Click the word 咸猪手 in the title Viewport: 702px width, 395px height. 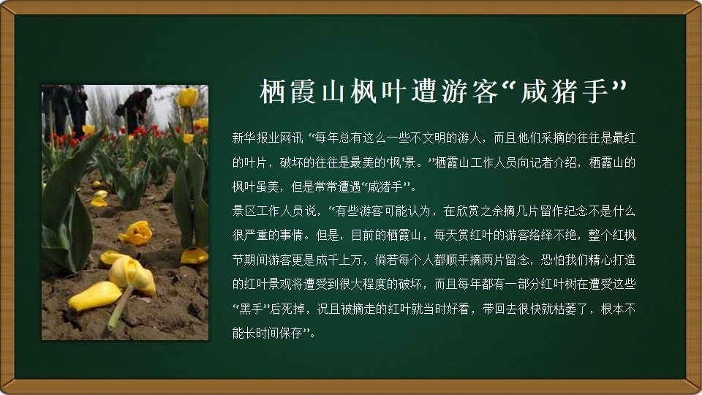565,91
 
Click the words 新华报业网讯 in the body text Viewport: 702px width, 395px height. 268,138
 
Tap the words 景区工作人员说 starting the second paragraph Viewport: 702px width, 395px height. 273,211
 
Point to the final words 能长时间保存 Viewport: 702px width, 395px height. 268,334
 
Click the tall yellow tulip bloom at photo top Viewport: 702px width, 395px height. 186,97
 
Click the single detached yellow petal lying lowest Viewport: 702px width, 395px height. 94,296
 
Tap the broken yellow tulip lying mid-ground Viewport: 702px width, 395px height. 136,233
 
